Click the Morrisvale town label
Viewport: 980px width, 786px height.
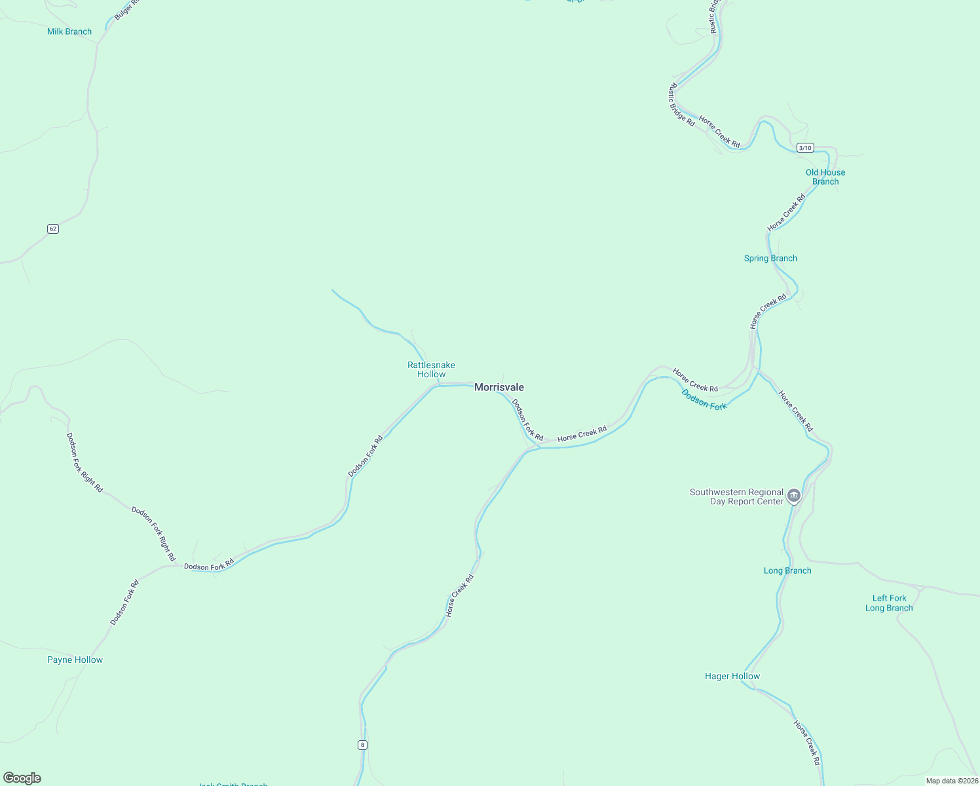click(x=499, y=387)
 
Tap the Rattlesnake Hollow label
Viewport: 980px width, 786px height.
click(x=431, y=369)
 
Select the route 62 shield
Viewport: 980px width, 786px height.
click(x=53, y=229)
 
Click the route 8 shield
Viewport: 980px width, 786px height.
click(x=362, y=745)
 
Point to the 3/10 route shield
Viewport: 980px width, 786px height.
click(x=805, y=148)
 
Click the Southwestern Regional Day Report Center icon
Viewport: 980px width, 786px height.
click(x=794, y=496)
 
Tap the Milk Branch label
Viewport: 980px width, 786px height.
click(x=69, y=31)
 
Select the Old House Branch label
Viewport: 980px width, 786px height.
click(x=825, y=177)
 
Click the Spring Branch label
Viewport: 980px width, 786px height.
click(x=770, y=258)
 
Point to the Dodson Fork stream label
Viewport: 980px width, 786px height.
click(x=704, y=400)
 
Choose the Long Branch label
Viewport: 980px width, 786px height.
click(x=787, y=571)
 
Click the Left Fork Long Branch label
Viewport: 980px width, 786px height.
click(x=889, y=603)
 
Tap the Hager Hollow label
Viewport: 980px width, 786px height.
click(x=732, y=676)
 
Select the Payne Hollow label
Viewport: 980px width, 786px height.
click(x=75, y=660)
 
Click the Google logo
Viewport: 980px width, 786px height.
click(x=22, y=778)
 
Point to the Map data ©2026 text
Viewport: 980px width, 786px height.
click(x=952, y=781)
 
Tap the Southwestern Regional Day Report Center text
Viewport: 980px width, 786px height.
click(x=736, y=496)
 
